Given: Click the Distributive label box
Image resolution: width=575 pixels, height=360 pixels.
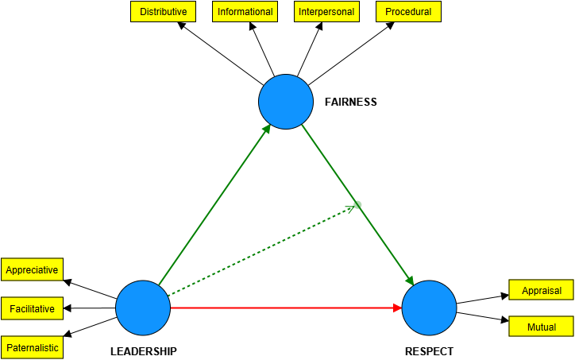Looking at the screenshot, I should point(163,12).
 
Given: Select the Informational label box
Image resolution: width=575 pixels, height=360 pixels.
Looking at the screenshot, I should point(245,12).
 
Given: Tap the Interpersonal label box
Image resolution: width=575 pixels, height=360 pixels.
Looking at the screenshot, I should point(326,12).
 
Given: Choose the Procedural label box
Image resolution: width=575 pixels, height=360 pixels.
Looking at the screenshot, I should point(408,12).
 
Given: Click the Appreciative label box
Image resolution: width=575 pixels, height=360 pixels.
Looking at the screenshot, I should point(32,269).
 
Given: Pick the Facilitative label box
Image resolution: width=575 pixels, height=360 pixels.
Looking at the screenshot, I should point(32,308).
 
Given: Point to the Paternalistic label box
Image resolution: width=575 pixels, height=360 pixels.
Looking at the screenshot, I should point(32,347).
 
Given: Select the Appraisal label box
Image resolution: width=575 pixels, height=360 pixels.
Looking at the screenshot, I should point(541,290).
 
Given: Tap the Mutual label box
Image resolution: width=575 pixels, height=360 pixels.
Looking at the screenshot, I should point(541,327).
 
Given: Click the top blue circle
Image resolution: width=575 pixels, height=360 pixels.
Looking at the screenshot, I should point(286,102).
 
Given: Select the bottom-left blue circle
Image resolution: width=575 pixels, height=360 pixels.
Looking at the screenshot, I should point(143,308).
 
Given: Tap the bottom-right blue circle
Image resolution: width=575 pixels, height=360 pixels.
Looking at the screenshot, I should point(429,308).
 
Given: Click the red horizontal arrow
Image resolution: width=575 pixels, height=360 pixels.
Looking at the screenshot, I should point(278,308).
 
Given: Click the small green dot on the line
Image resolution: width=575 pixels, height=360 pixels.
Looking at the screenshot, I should point(357,204).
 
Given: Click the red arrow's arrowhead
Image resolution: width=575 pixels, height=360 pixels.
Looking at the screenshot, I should point(398,308).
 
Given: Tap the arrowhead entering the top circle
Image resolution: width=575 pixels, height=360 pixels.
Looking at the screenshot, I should point(267,129).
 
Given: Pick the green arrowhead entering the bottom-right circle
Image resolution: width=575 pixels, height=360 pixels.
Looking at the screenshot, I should point(410,281).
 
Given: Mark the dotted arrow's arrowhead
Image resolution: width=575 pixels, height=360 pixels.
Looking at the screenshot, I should point(349,208).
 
